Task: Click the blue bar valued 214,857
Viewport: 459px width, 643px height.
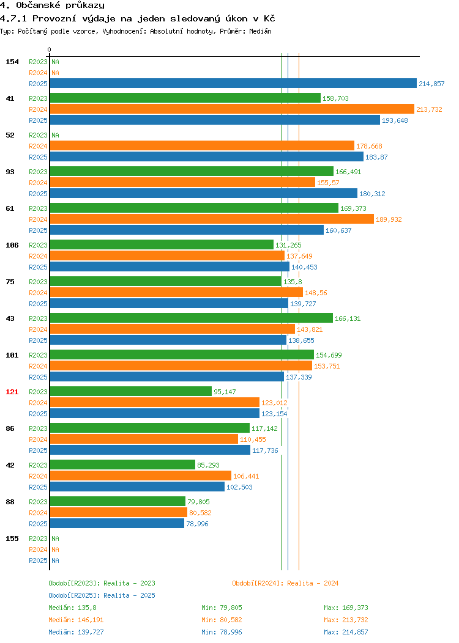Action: pos(233,83)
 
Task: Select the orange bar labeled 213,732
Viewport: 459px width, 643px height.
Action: pos(232,109)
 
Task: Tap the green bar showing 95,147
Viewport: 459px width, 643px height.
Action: pos(131,392)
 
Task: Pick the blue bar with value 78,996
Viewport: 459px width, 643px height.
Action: pos(117,524)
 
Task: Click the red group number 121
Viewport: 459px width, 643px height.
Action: pos(12,392)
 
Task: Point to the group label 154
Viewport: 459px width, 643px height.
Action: pos(12,62)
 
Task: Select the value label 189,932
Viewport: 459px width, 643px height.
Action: pos(389,219)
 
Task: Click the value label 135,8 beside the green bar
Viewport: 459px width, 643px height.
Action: pos(293,282)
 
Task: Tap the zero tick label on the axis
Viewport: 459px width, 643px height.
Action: pos(50,50)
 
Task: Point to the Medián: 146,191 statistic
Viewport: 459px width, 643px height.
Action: pos(76,620)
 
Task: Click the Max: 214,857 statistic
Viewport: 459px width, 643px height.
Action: pos(346,632)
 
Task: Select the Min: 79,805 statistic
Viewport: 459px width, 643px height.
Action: pos(222,608)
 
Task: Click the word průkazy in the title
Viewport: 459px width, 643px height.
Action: pos(85,6)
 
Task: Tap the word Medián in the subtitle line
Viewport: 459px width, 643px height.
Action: pos(260,31)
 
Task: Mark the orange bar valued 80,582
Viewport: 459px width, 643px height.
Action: pos(119,513)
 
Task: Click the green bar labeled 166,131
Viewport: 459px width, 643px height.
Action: pos(192,318)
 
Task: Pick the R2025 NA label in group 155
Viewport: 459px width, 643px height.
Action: pos(44,560)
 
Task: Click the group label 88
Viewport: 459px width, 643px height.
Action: pos(10,502)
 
